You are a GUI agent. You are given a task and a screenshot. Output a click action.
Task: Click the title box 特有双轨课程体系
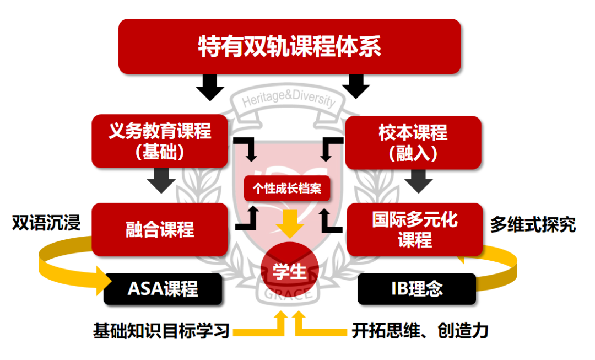(289, 46)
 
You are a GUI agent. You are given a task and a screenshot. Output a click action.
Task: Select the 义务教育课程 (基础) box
(160, 141)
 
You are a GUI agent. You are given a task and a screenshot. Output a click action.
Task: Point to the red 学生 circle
(289, 271)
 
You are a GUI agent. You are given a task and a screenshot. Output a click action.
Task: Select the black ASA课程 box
(163, 288)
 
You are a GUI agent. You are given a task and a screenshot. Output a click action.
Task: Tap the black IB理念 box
(416, 288)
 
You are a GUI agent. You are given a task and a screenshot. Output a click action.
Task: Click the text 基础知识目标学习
(161, 331)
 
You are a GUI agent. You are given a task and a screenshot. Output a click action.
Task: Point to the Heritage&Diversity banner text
(289, 101)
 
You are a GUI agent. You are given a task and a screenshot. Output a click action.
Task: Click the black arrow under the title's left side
(210, 87)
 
